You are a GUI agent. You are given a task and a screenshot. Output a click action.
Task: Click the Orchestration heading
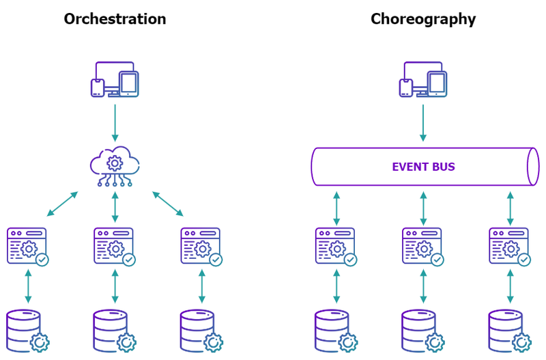[115, 19]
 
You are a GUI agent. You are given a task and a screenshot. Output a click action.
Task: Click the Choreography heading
[423, 19]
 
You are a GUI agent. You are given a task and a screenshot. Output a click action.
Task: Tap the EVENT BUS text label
[423, 167]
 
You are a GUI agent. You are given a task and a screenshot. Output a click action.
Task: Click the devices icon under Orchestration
[115, 80]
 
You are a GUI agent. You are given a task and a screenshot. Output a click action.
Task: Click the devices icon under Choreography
[423, 80]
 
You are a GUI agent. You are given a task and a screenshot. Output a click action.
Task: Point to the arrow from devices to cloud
[115, 123]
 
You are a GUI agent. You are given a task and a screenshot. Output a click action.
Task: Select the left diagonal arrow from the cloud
[62, 204]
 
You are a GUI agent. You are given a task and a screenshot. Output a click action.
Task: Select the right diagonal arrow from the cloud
[168, 204]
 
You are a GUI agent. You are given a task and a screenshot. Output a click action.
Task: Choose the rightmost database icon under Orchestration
[202, 331]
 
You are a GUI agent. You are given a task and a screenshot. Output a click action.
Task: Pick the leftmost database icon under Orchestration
[28, 331]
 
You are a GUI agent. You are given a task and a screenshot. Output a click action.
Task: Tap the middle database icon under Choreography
[424, 331]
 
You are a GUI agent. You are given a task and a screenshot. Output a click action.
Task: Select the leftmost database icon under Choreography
[336, 331]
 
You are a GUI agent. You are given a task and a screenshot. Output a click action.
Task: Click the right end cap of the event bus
[532, 167]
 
